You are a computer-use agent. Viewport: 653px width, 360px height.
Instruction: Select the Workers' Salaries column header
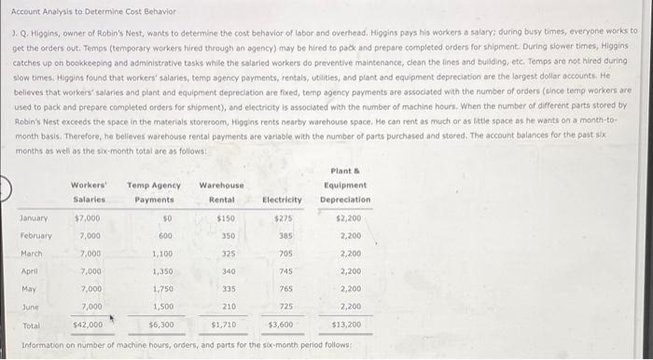pos(90,192)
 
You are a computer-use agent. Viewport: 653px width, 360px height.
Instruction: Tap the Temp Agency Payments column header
pos(153,192)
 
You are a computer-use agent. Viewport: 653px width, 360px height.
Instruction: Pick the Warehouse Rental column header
pos(221,192)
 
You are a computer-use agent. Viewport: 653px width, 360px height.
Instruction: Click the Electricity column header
pos(282,200)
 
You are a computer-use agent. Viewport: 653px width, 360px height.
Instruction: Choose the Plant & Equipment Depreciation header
pos(345,185)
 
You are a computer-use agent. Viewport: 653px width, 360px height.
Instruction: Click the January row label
pos(35,217)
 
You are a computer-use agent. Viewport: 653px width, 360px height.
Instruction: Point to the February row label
pos(36,235)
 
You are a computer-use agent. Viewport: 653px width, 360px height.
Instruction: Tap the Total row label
pos(30,324)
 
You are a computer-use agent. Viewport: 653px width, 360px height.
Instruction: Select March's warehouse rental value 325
pos(228,253)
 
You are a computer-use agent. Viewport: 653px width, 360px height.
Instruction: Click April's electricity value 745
pos(285,270)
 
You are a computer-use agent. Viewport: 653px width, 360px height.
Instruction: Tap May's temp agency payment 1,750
pos(162,288)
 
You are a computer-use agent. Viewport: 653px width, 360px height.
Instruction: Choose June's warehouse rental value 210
pos(228,306)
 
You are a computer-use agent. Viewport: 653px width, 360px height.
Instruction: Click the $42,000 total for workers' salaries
pos(88,324)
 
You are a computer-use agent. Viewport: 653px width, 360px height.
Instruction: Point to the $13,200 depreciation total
pos(346,324)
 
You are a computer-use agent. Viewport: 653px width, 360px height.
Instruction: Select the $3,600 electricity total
pos(281,324)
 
